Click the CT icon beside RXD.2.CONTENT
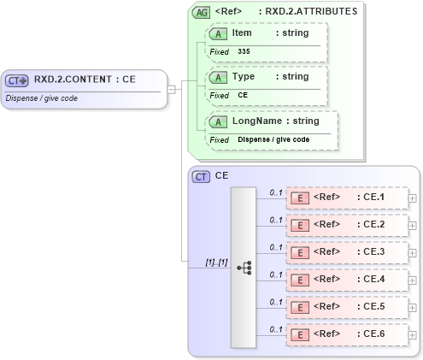(x=17, y=80)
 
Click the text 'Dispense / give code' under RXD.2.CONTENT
(x=41, y=97)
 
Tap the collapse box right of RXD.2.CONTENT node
(x=172, y=88)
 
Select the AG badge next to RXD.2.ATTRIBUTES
(x=202, y=12)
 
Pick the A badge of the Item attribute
(x=219, y=32)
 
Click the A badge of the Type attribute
(x=219, y=77)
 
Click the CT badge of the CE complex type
(x=202, y=176)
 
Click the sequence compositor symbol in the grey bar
(x=244, y=267)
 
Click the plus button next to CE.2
(x=413, y=226)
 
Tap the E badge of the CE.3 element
(x=300, y=253)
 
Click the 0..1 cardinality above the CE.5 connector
(x=276, y=301)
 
